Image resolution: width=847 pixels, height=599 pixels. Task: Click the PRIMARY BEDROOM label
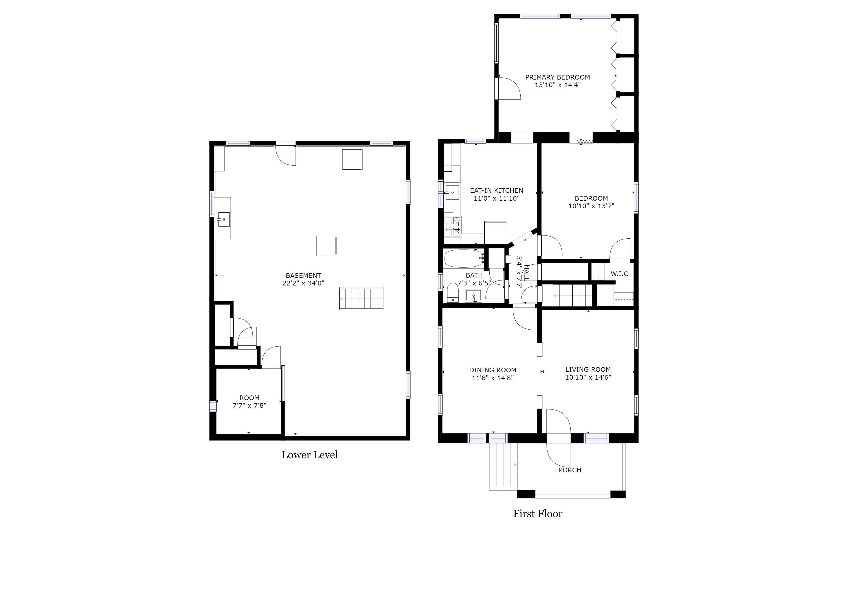pos(557,77)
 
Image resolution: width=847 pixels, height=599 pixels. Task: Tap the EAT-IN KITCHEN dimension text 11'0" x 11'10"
pos(497,198)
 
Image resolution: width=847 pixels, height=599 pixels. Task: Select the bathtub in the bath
pos(464,259)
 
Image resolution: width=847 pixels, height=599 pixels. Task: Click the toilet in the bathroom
pos(453,293)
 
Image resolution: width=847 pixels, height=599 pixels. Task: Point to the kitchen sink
pos(452,192)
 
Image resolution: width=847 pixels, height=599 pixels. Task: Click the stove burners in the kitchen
pos(453,226)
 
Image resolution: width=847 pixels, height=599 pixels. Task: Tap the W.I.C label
pos(619,274)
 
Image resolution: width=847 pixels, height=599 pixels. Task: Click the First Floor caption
pos(538,514)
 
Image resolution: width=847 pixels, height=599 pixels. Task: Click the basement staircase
pos(361,298)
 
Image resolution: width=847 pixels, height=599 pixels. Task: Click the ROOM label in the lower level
pos(249,397)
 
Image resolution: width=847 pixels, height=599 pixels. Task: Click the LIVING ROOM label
pos(588,369)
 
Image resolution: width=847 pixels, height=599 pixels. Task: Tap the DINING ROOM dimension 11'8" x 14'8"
pos(493,378)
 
